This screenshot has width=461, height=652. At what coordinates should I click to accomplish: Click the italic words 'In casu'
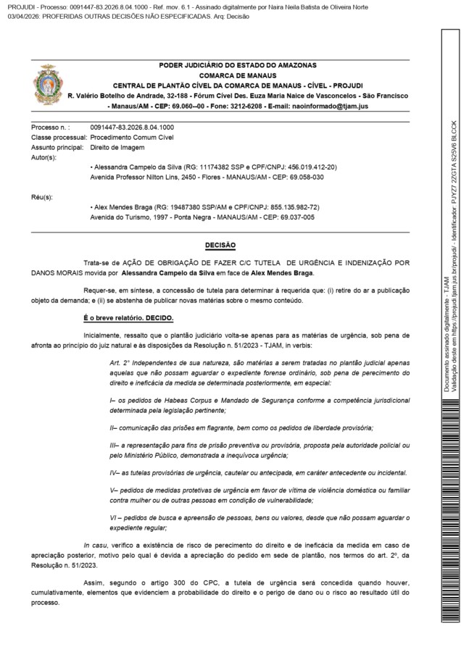(x=95, y=565)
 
